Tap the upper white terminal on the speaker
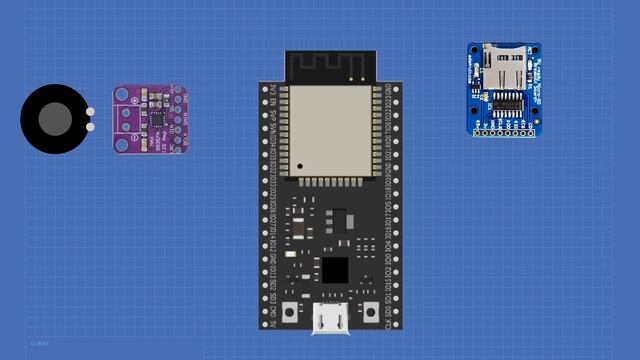tap(91, 112)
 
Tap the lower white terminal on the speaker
tap(91, 126)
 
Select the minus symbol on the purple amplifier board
tap(125, 126)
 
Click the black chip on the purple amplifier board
tap(158, 118)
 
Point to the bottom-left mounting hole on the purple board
tap(123, 142)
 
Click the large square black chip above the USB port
tap(333, 269)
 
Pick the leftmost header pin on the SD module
tap(478, 130)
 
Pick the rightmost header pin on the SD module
tap(530, 130)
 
